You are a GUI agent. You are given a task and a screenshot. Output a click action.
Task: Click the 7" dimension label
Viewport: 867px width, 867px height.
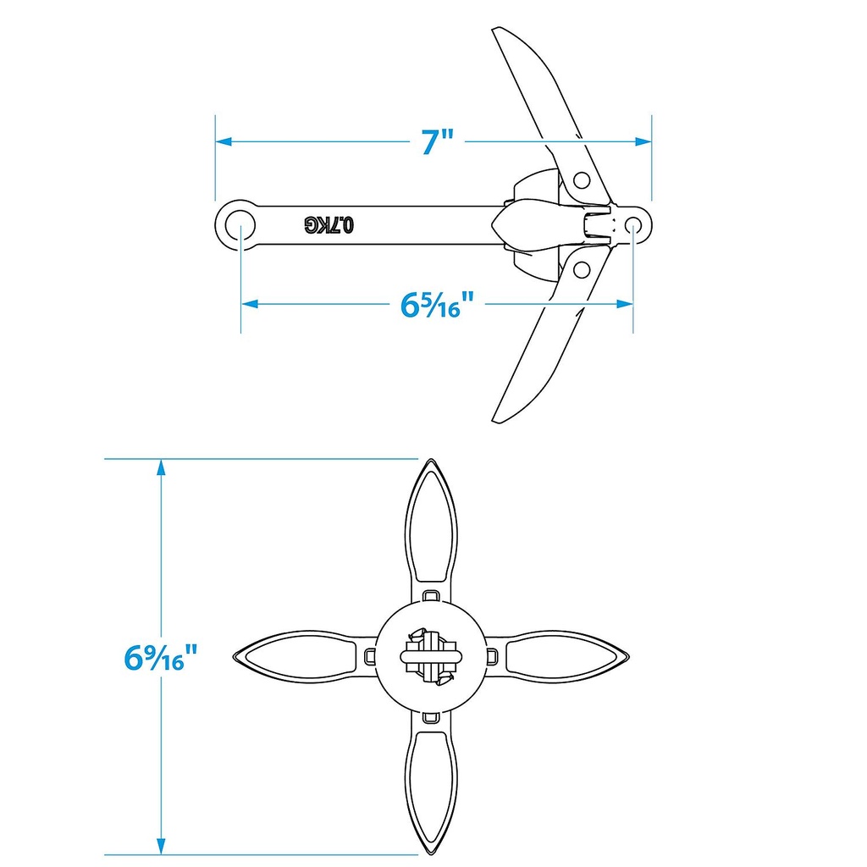[x=439, y=141]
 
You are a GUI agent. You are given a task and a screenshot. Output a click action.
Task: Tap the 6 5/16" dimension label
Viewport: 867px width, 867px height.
[x=435, y=304]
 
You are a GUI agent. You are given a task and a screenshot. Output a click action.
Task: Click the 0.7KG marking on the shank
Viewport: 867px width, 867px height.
[x=330, y=224]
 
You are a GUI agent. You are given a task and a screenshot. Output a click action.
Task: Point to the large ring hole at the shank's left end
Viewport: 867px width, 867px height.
[x=237, y=224]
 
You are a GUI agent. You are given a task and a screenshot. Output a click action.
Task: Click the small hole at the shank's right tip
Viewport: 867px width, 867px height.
[x=634, y=224]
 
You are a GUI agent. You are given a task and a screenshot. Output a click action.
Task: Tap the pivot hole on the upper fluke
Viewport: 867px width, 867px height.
[x=581, y=179]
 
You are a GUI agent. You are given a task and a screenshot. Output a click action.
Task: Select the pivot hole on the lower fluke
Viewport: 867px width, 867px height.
[x=581, y=269]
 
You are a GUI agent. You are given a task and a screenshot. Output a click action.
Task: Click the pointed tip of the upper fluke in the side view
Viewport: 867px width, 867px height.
[x=497, y=32]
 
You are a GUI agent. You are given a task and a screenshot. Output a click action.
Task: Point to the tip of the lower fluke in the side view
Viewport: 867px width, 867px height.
[x=498, y=418]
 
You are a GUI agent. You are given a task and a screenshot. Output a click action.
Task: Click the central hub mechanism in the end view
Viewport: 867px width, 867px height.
[x=431, y=656]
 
